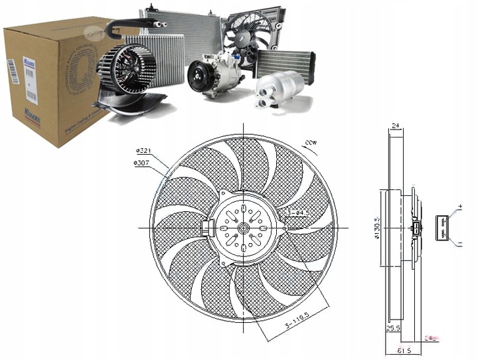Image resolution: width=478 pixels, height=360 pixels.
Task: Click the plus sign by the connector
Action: (x=459, y=210)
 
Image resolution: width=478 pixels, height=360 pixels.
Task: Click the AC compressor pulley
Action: (x=199, y=75)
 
